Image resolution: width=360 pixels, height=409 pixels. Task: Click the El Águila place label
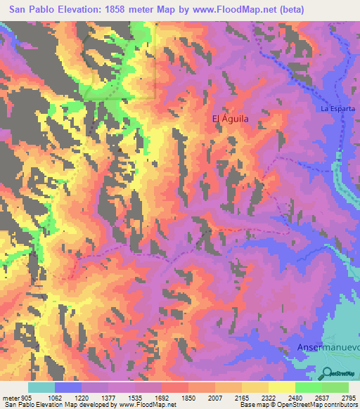(231, 119)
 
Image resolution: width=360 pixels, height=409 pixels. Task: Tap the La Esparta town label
(337, 109)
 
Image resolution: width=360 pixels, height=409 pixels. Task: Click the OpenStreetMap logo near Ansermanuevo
(338, 373)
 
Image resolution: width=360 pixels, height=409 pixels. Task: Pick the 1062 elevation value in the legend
(55, 397)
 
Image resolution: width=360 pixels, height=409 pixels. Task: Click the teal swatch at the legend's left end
(41, 387)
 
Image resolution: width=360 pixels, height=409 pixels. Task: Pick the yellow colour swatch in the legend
(281, 387)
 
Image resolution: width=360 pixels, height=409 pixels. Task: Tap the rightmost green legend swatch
(335, 387)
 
